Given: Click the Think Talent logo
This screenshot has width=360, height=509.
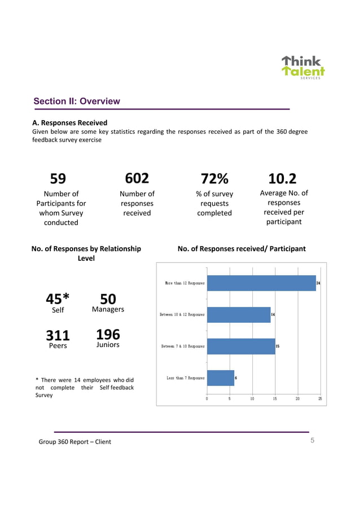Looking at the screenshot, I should [303, 67].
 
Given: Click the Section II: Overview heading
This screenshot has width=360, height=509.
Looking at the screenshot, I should [77, 102].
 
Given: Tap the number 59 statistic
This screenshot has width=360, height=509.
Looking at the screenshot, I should [58, 179].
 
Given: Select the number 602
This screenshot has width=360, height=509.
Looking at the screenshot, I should [137, 178].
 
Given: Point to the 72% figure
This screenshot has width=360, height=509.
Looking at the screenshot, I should [214, 179].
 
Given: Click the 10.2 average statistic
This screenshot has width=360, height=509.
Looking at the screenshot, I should [283, 179].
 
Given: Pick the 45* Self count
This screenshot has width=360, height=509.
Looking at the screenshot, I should [58, 298].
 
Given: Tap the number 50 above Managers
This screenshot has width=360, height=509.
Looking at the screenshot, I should [108, 298].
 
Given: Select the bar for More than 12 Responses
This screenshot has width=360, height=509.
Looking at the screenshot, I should [261, 283].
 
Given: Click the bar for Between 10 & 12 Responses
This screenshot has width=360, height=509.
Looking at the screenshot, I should [239, 314].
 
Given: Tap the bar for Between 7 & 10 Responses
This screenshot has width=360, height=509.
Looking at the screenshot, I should [241, 346].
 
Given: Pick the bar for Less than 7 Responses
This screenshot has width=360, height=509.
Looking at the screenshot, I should [221, 378].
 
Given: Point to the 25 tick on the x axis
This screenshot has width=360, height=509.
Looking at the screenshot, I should [320, 398].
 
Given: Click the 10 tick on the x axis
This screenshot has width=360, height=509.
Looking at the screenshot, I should [252, 398].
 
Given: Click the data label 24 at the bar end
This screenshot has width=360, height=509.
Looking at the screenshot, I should [318, 283].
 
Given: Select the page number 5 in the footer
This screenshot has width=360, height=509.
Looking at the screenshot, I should [313, 441].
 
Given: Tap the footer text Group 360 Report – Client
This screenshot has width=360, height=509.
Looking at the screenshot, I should [74, 441].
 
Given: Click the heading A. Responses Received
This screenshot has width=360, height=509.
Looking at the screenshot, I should [69, 122].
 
